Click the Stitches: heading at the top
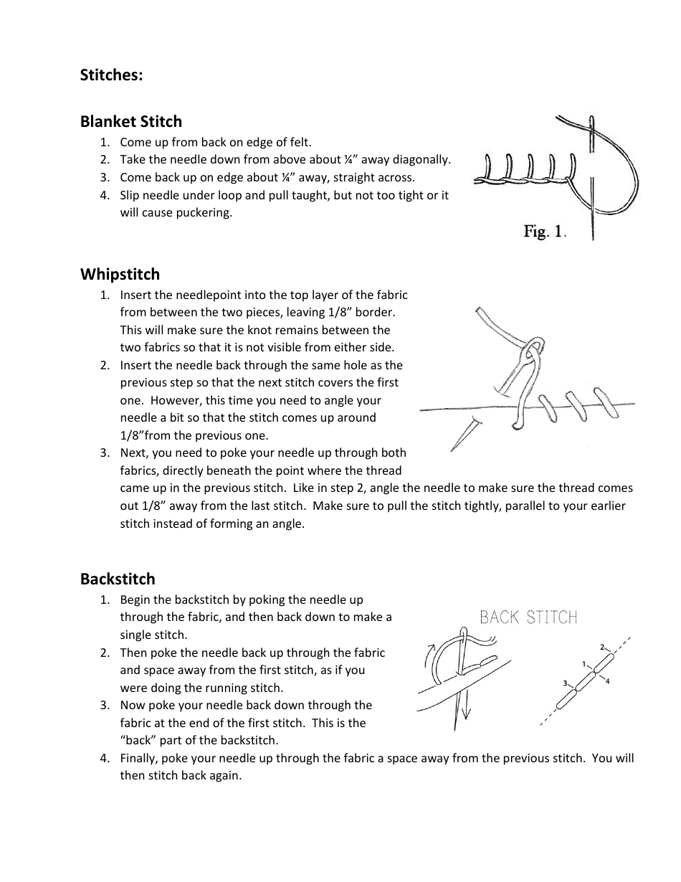111,75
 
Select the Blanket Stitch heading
131,121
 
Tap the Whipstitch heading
120,274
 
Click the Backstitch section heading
118,579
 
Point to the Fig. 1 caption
545,232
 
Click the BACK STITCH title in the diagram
528,617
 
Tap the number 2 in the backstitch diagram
602,647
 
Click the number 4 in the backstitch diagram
608,681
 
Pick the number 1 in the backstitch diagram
584,664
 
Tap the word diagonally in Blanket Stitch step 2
423,159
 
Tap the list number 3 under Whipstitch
105,452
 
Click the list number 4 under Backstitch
105,758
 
